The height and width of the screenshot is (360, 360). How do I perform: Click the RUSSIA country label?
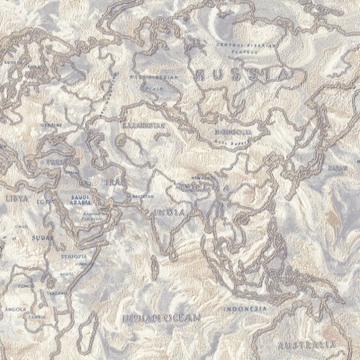point(241,74)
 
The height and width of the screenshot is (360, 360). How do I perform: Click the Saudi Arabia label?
point(82,201)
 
